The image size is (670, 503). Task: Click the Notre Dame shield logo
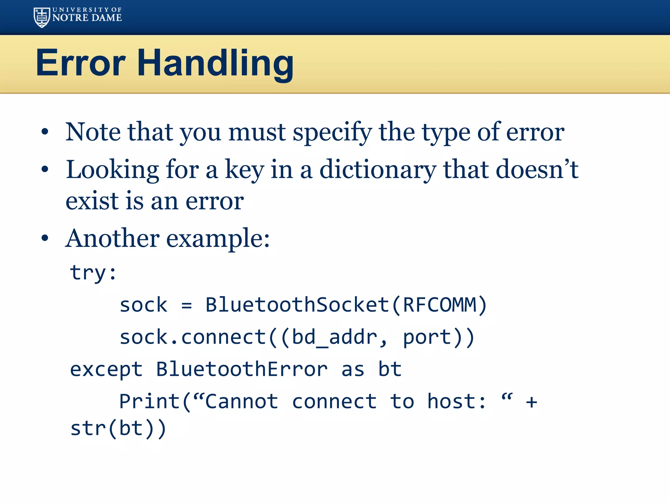42,17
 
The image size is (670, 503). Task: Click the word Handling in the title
215,63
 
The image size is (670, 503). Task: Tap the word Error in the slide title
80,63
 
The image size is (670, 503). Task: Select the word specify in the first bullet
332,133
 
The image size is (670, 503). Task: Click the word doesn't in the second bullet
537,170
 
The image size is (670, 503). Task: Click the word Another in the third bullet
112,238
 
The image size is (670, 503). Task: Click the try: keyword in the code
93,272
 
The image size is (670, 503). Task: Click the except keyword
106,369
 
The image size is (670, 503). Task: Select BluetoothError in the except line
241,369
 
